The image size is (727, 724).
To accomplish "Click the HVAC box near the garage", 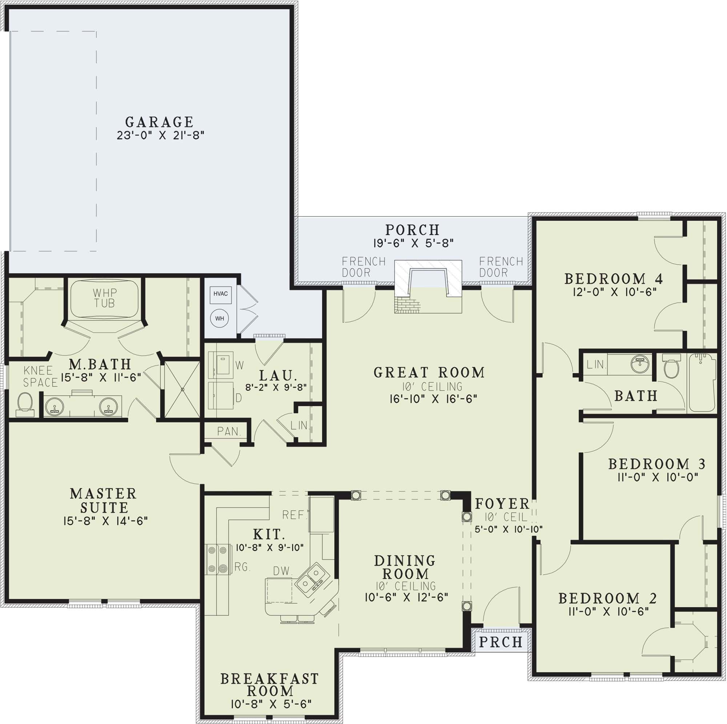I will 220,294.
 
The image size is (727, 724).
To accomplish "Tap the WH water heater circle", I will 220,319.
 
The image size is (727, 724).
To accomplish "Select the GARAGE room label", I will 159,122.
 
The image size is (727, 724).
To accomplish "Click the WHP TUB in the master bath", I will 105,298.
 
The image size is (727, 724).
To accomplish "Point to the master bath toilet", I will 25,403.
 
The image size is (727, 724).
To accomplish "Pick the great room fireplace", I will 428,287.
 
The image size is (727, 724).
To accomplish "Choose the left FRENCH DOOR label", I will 363,267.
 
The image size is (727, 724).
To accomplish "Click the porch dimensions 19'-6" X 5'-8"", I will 413,243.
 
